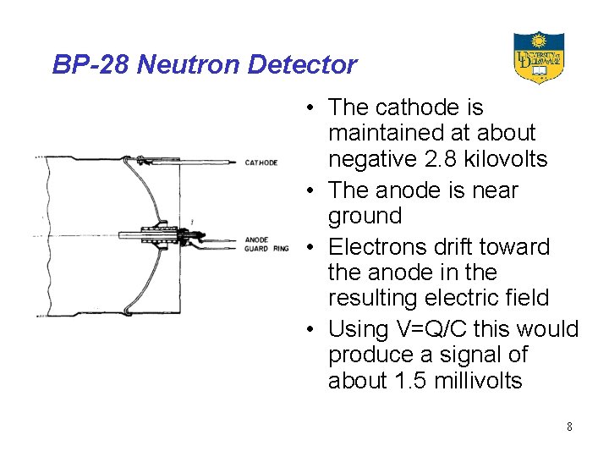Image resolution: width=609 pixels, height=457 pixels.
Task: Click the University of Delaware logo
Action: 538,58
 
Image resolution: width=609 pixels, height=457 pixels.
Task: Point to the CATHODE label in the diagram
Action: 261,162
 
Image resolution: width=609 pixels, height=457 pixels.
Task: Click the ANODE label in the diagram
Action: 255,240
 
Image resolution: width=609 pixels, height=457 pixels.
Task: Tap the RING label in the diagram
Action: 281,248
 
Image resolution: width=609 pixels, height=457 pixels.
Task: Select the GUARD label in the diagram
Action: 256,248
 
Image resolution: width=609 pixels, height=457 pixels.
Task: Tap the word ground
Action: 365,216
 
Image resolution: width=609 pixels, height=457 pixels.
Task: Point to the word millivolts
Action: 478,381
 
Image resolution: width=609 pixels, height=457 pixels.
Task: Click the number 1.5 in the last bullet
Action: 410,381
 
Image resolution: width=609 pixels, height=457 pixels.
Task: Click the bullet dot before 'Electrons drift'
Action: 312,248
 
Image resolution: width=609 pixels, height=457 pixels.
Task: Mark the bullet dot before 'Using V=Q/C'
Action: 312,329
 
